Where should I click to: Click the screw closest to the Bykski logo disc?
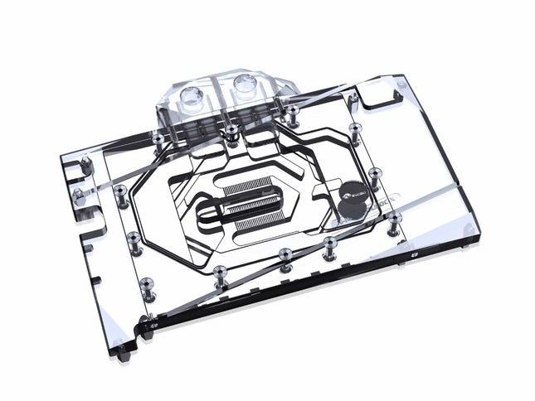pyautogui.click(x=376, y=173)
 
